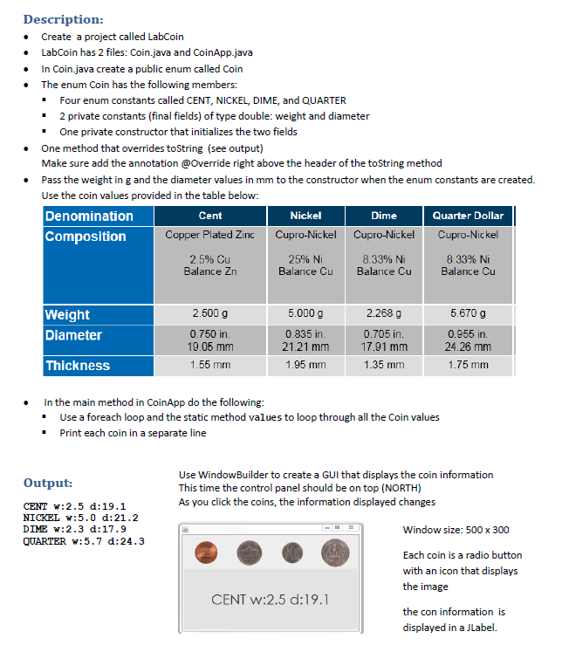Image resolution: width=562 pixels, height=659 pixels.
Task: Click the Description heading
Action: coord(63,19)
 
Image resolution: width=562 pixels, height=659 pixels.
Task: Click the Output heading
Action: coord(48,483)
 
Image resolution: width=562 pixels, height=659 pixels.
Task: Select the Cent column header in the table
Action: coord(210,216)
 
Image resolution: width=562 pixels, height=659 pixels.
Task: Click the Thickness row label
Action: coord(78,366)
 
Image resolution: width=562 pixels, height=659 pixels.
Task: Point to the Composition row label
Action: coord(86,237)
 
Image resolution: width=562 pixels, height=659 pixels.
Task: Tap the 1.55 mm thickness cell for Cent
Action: coord(210,366)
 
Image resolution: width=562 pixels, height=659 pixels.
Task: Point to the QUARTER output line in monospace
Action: coord(84,541)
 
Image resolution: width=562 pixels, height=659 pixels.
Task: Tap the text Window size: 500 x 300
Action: coord(456,530)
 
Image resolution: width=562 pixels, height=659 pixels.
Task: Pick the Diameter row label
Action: coord(73,335)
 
